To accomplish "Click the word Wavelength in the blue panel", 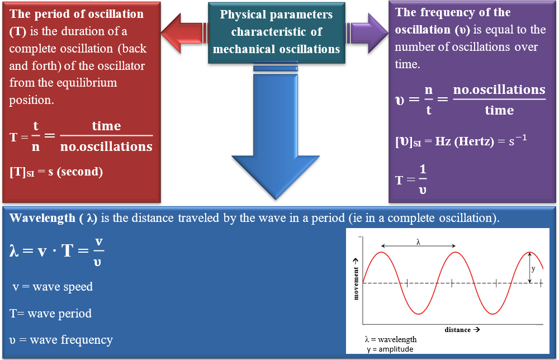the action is [42, 218].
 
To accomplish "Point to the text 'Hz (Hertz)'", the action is [465, 141].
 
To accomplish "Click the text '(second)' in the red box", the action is [80, 172].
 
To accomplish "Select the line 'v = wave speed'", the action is [53, 287].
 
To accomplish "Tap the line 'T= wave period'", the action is [50, 313].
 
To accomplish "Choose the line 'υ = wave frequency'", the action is [61, 340].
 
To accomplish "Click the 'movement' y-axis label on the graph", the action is [356, 284].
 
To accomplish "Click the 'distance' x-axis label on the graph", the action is [457, 330].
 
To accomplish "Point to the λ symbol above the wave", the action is [418, 242].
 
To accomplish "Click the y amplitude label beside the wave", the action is [533, 269].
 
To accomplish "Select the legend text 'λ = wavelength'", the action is [391, 339].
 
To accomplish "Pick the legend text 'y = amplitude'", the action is [390, 349].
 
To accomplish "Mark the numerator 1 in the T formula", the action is [423, 169].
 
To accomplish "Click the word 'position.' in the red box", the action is [32, 101].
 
